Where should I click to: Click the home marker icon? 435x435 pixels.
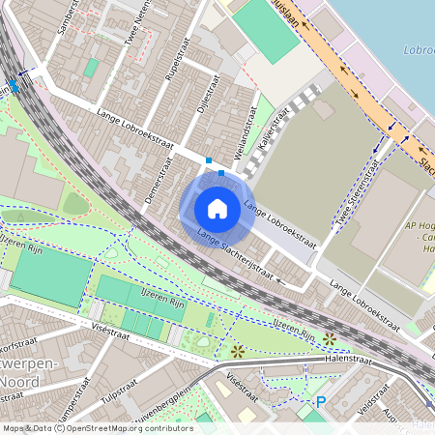coord(217,209)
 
